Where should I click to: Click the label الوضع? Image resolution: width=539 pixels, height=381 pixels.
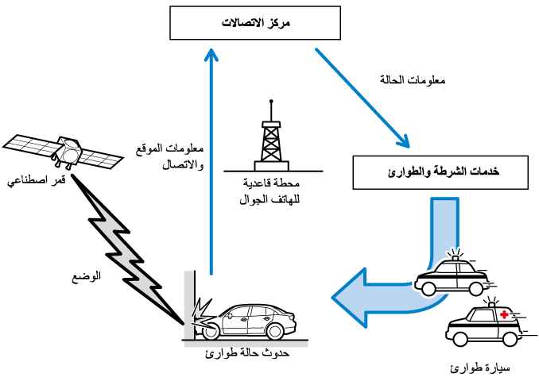pos(87,278)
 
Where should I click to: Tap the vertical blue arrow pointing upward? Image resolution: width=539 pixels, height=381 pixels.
pos(211,159)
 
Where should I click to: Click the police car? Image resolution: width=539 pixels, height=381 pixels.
pos(452,275)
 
